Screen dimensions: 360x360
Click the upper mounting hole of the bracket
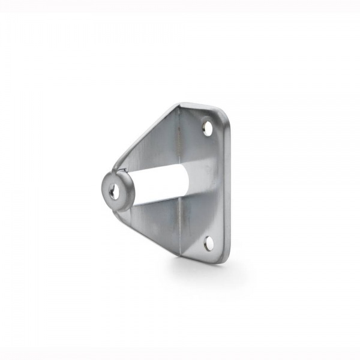tap(208, 127)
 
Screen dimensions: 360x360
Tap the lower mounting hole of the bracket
tap(208, 242)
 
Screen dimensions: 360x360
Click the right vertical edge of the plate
tap(229, 186)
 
